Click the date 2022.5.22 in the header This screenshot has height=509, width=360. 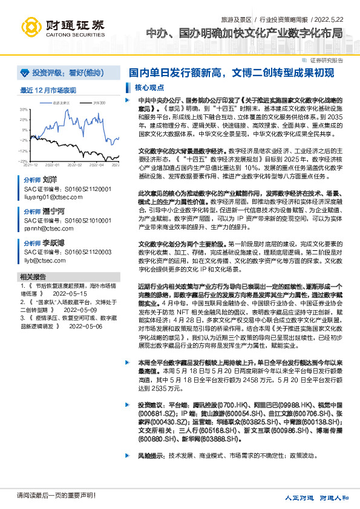coord(338,19)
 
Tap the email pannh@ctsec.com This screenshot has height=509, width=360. coord(45,230)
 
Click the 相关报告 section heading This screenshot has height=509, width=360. coord(31,276)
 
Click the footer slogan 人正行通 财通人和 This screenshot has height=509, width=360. coord(317,498)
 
